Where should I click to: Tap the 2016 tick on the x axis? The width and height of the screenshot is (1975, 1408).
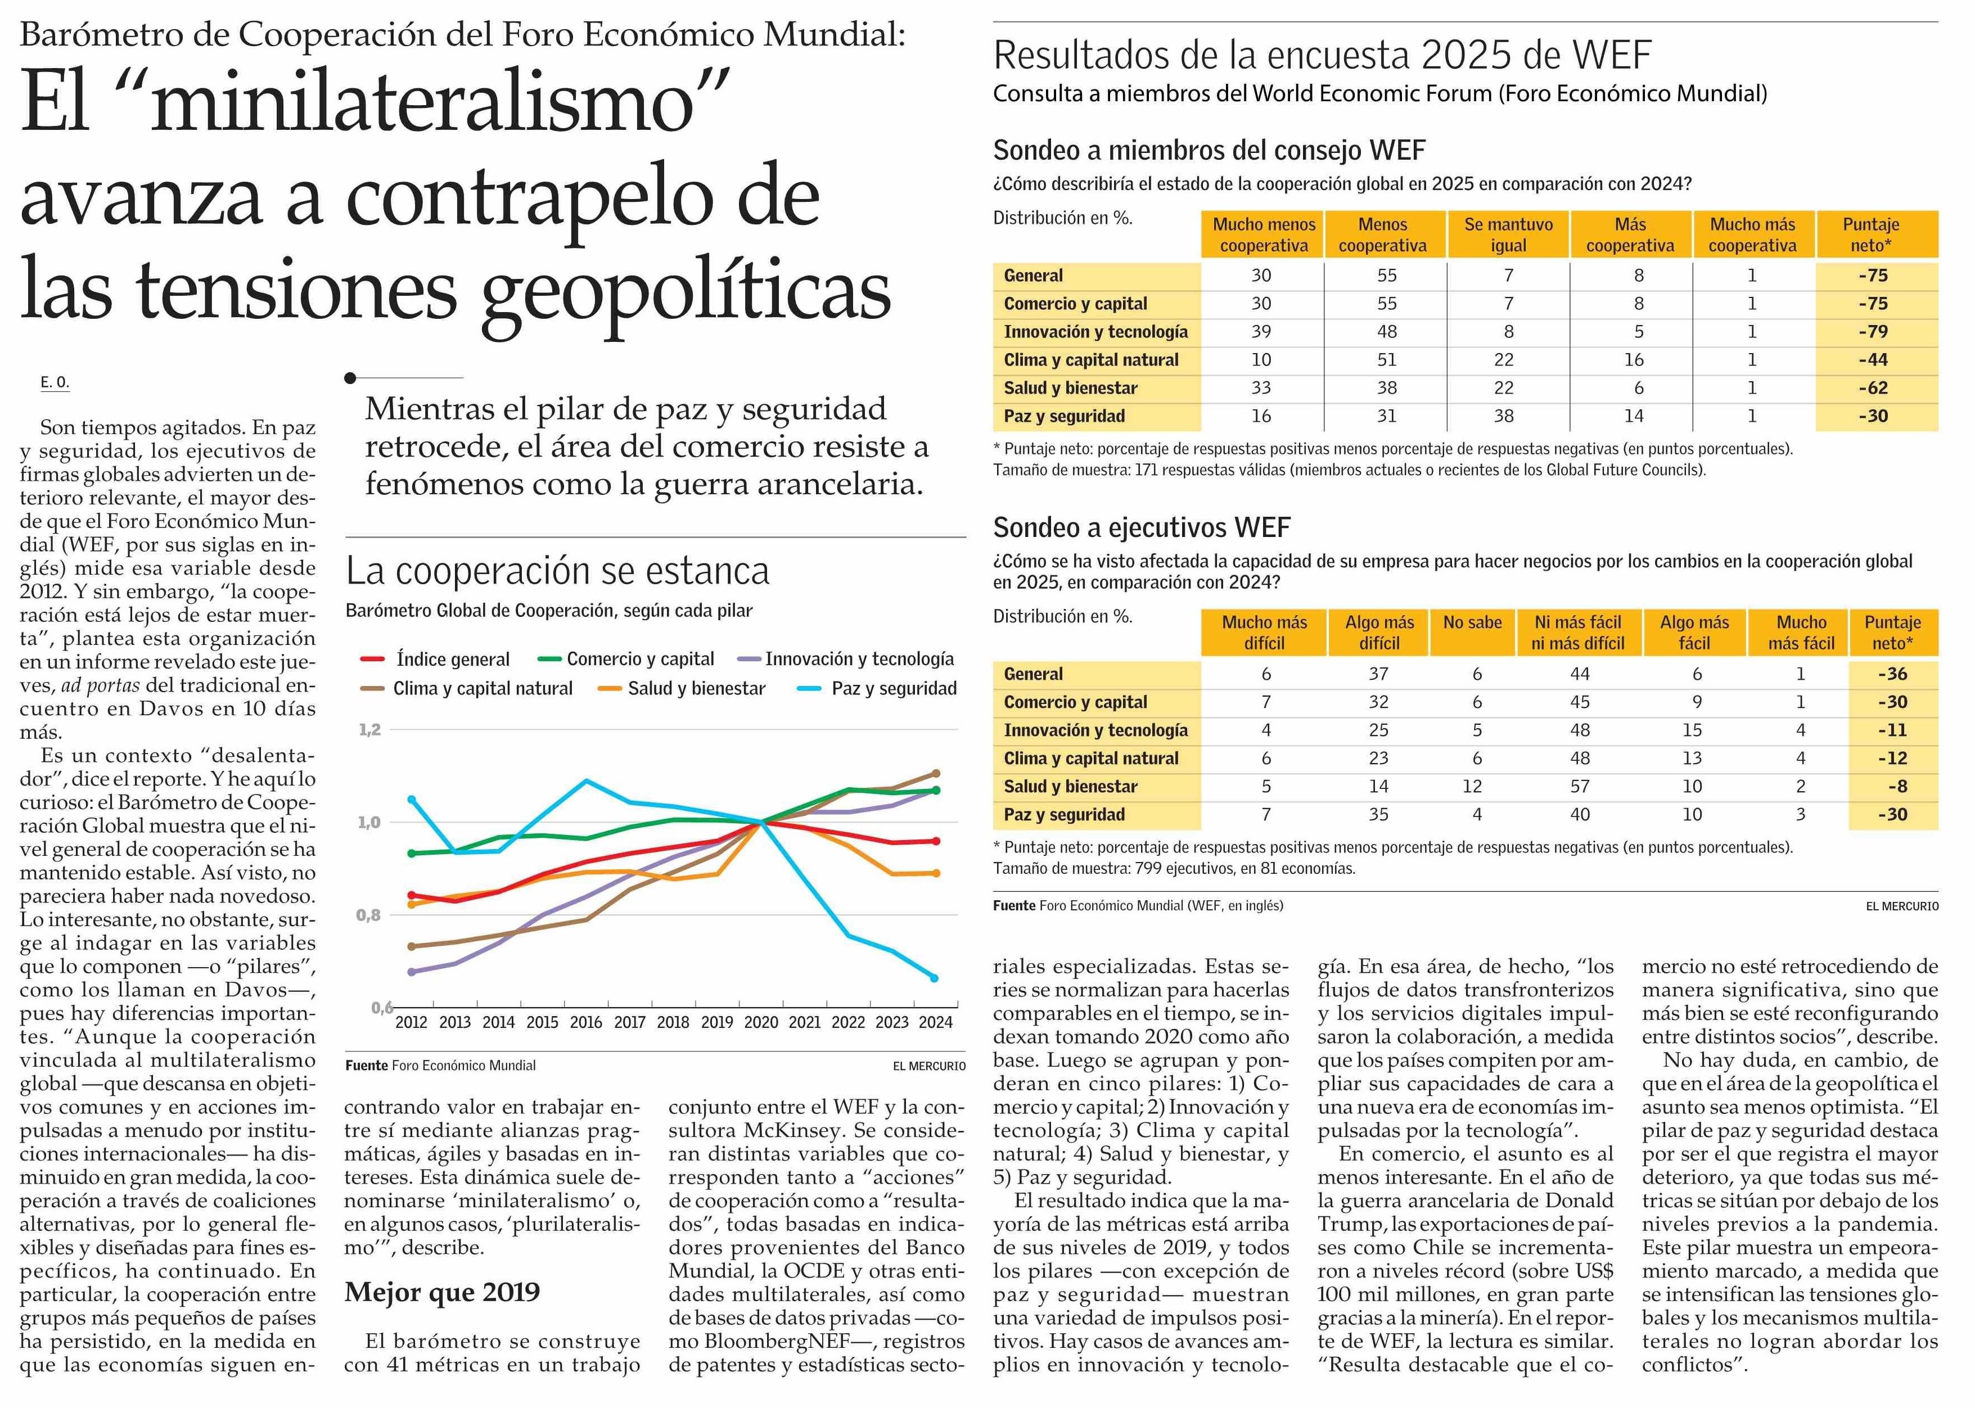[586, 1022]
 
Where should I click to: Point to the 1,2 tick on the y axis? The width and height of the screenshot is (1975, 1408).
[370, 730]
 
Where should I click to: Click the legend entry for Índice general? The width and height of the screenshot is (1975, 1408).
[452, 660]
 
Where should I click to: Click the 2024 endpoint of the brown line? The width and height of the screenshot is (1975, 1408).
[935, 773]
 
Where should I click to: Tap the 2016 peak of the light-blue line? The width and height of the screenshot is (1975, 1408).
[586, 781]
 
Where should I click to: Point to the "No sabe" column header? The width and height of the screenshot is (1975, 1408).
[1472, 622]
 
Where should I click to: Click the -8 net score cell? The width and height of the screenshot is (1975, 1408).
[1893, 786]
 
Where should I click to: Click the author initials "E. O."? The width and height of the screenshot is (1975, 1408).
[55, 382]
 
